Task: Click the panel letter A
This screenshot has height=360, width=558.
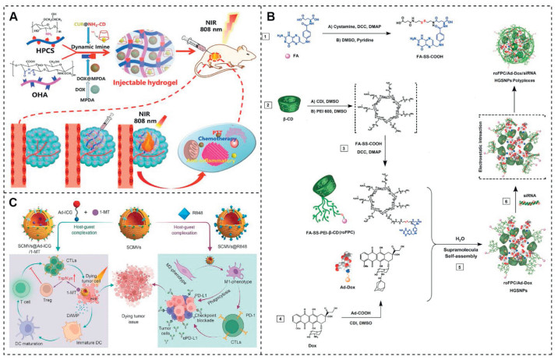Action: tap(11, 13)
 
